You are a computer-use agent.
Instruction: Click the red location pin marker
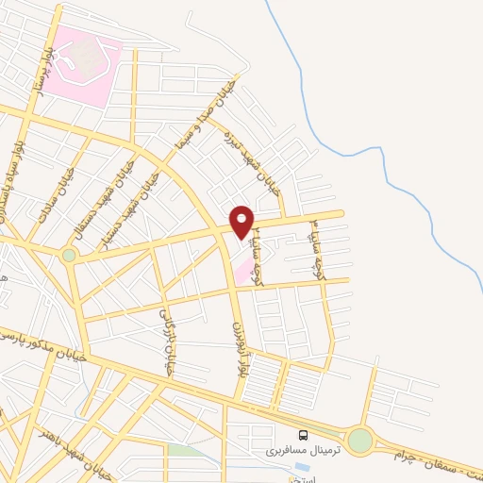click(242, 221)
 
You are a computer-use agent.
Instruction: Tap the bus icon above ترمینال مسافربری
click(303, 435)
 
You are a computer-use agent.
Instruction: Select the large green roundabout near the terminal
click(359, 441)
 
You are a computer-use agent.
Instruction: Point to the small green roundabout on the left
click(69, 255)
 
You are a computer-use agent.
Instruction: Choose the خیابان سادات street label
click(50, 199)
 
